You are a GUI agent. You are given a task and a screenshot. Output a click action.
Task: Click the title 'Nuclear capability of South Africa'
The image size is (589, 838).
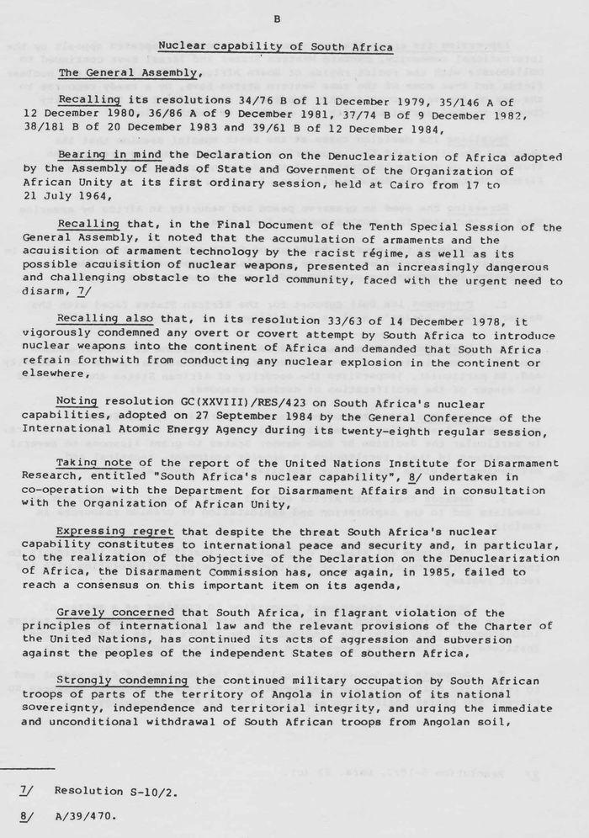(x=276, y=48)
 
